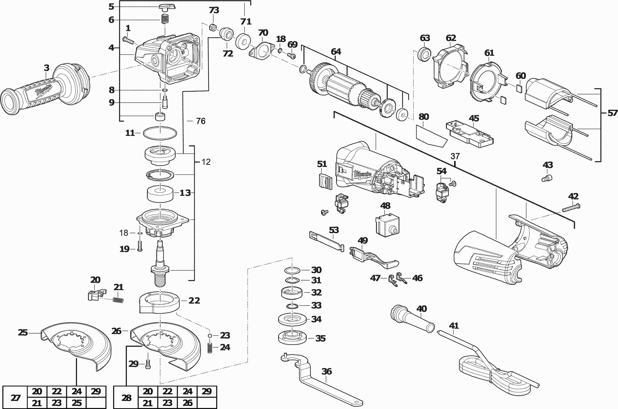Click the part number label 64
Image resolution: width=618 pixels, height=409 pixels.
pos(336,52)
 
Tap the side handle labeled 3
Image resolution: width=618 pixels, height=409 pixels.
pos(44,91)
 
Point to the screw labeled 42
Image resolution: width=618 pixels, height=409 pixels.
pos(571,208)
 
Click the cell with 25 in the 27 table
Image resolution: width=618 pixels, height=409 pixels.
pos(76,403)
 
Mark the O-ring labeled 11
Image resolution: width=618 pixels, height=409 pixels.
pos(160,133)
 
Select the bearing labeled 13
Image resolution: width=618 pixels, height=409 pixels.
pos(160,193)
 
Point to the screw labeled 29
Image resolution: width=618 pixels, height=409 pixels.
pos(148,364)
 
